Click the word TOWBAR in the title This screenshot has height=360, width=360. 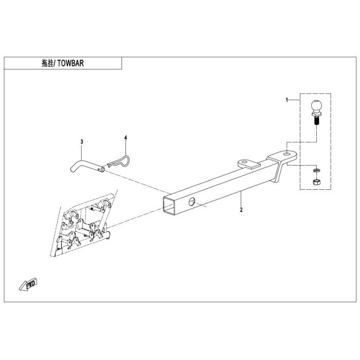pyautogui.click(x=71, y=63)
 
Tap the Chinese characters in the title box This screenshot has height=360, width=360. pyautogui.click(x=48, y=63)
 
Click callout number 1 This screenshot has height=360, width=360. pyautogui.click(x=287, y=100)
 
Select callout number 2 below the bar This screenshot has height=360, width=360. pyautogui.click(x=241, y=210)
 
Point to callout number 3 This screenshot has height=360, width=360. pyautogui.click(x=82, y=141)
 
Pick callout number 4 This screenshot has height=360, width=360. pyautogui.click(x=125, y=137)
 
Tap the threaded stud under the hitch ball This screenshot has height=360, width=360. pyautogui.click(x=316, y=120)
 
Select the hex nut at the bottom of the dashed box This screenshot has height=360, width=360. pyautogui.click(x=317, y=182)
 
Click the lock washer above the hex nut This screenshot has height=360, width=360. pyautogui.click(x=317, y=170)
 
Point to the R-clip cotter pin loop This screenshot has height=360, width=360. pyautogui.click(x=119, y=161)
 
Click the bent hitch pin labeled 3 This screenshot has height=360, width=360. pyautogui.click(x=87, y=166)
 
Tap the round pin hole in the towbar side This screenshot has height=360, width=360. pyautogui.click(x=191, y=202)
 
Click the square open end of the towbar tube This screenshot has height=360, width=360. pyautogui.click(x=169, y=206)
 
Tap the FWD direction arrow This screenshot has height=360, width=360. pyautogui.click(x=28, y=284)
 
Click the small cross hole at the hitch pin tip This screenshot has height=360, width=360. pyautogui.click(x=99, y=169)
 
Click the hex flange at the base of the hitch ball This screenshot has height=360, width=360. pyautogui.click(x=316, y=114)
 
